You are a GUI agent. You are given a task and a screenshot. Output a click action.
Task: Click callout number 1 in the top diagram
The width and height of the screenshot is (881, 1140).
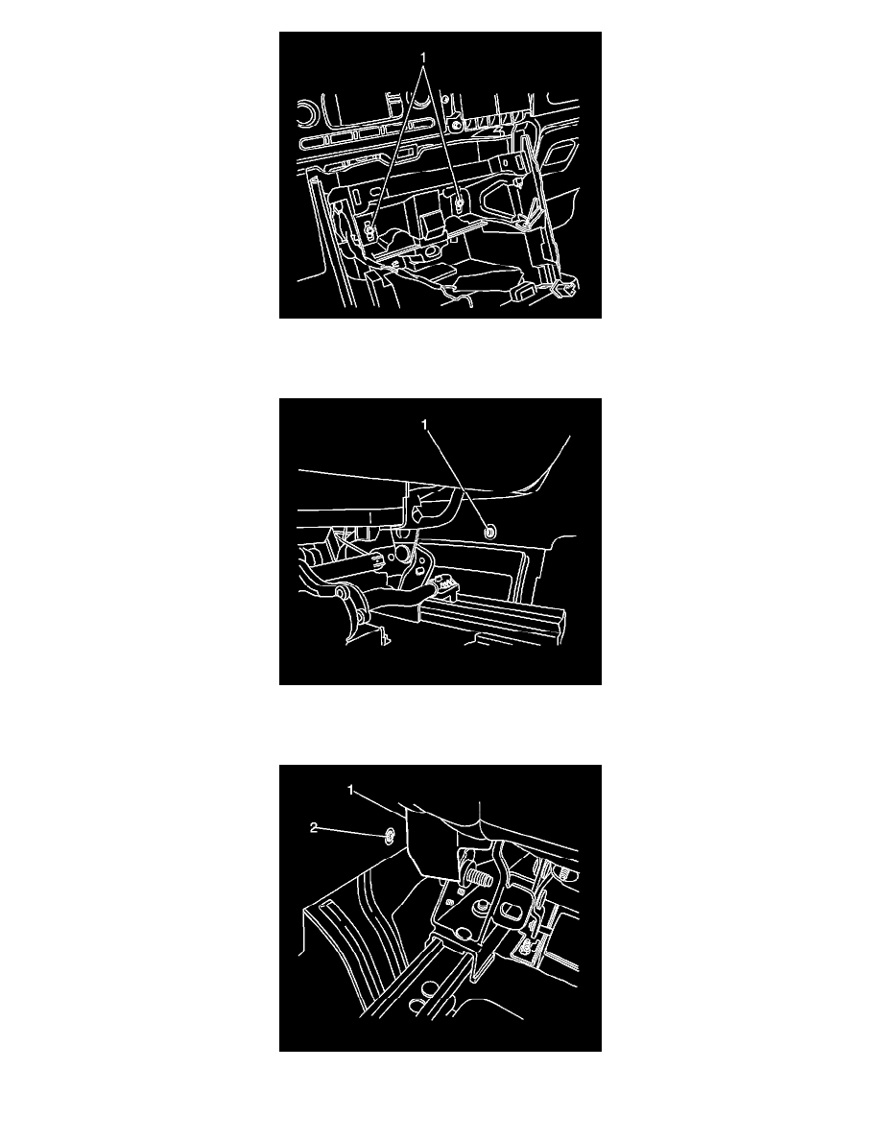423,57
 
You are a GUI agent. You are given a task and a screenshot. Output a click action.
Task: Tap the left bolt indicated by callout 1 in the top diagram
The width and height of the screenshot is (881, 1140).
369,232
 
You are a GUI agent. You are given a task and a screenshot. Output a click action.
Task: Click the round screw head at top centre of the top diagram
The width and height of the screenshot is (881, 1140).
455,127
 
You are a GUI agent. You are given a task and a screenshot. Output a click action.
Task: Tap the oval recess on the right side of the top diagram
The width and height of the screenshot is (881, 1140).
560,155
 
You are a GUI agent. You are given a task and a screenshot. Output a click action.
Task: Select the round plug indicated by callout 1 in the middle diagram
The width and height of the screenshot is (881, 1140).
490,533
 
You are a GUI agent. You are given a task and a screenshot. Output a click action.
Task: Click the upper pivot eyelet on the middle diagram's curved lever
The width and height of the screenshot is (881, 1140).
340,596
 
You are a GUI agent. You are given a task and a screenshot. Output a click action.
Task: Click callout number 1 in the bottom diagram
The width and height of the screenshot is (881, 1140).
350,790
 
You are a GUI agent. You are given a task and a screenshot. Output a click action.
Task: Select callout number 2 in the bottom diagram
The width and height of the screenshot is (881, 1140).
313,828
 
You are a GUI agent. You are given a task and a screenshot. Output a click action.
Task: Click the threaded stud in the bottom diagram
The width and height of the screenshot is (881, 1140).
478,877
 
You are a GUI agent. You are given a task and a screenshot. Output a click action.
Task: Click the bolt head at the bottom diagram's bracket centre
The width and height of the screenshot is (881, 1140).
479,908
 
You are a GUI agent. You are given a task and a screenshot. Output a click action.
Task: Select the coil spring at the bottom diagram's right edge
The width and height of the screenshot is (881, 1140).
569,874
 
